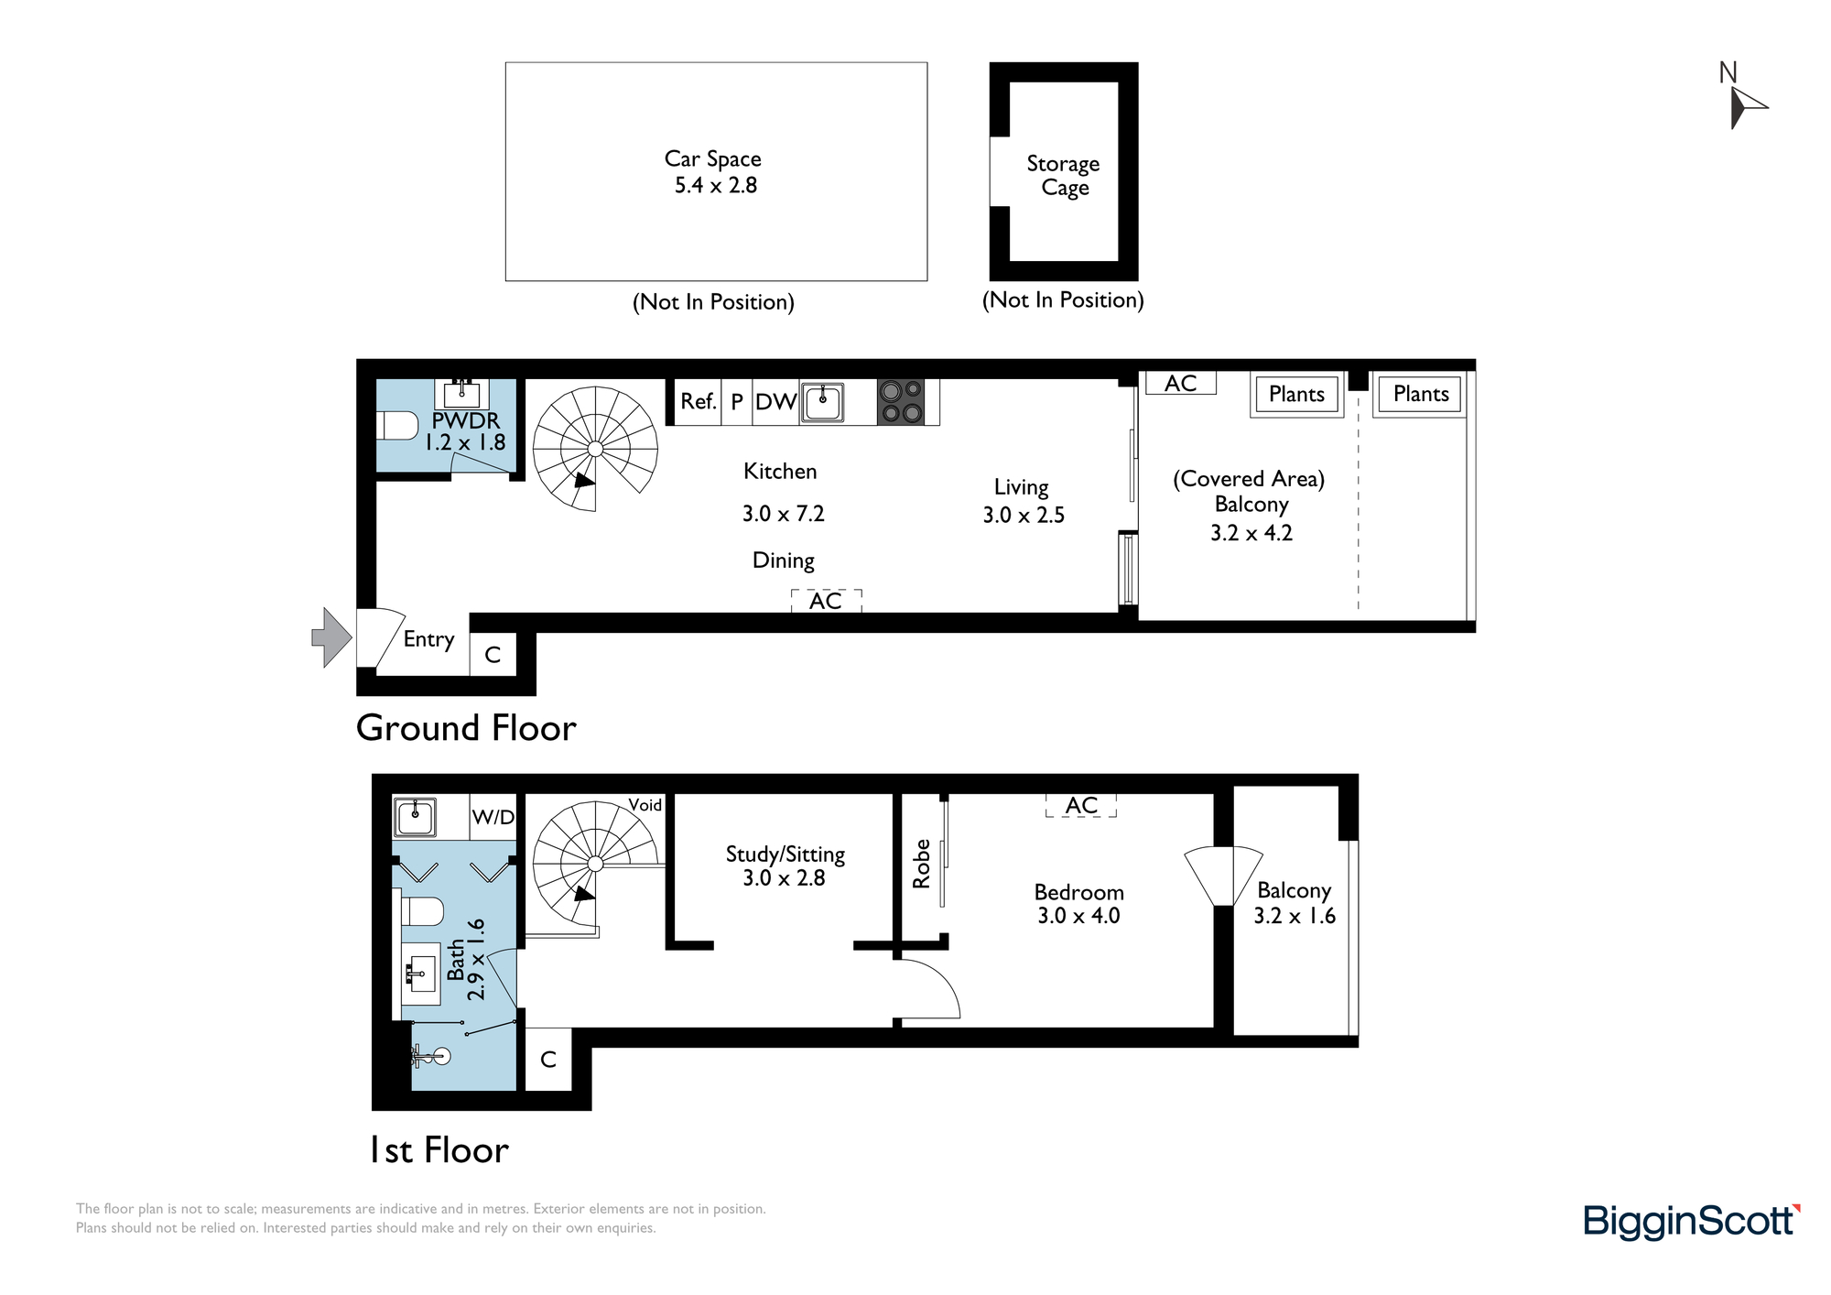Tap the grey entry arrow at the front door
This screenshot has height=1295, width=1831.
(331, 637)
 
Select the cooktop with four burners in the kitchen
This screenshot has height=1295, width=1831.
(901, 402)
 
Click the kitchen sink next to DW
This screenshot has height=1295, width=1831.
(822, 402)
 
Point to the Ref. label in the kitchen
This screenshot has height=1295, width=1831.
(698, 401)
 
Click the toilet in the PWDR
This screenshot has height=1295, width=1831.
(397, 426)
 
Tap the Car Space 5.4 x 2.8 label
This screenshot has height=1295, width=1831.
(714, 172)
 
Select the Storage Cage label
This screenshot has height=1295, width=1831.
(1064, 176)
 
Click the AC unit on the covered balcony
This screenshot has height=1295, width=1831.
(1181, 383)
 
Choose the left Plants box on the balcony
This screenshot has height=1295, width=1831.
(1296, 395)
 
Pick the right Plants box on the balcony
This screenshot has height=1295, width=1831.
(1421, 395)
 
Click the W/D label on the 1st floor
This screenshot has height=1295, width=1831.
(493, 817)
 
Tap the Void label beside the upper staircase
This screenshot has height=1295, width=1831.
(645, 805)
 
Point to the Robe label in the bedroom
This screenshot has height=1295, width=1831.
(921, 864)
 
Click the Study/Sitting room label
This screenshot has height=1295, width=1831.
(785, 865)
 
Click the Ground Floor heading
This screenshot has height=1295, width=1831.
(466, 728)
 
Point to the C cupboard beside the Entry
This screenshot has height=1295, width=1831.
(493, 655)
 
